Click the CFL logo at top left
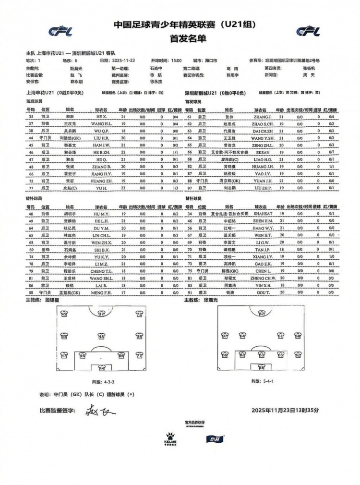click(60, 31)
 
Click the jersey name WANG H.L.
click(101, 123)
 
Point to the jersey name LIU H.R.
click(101, 137)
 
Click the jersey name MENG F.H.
click(101, 292)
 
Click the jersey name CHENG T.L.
click(101, 271)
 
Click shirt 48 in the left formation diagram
click(101, 336)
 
